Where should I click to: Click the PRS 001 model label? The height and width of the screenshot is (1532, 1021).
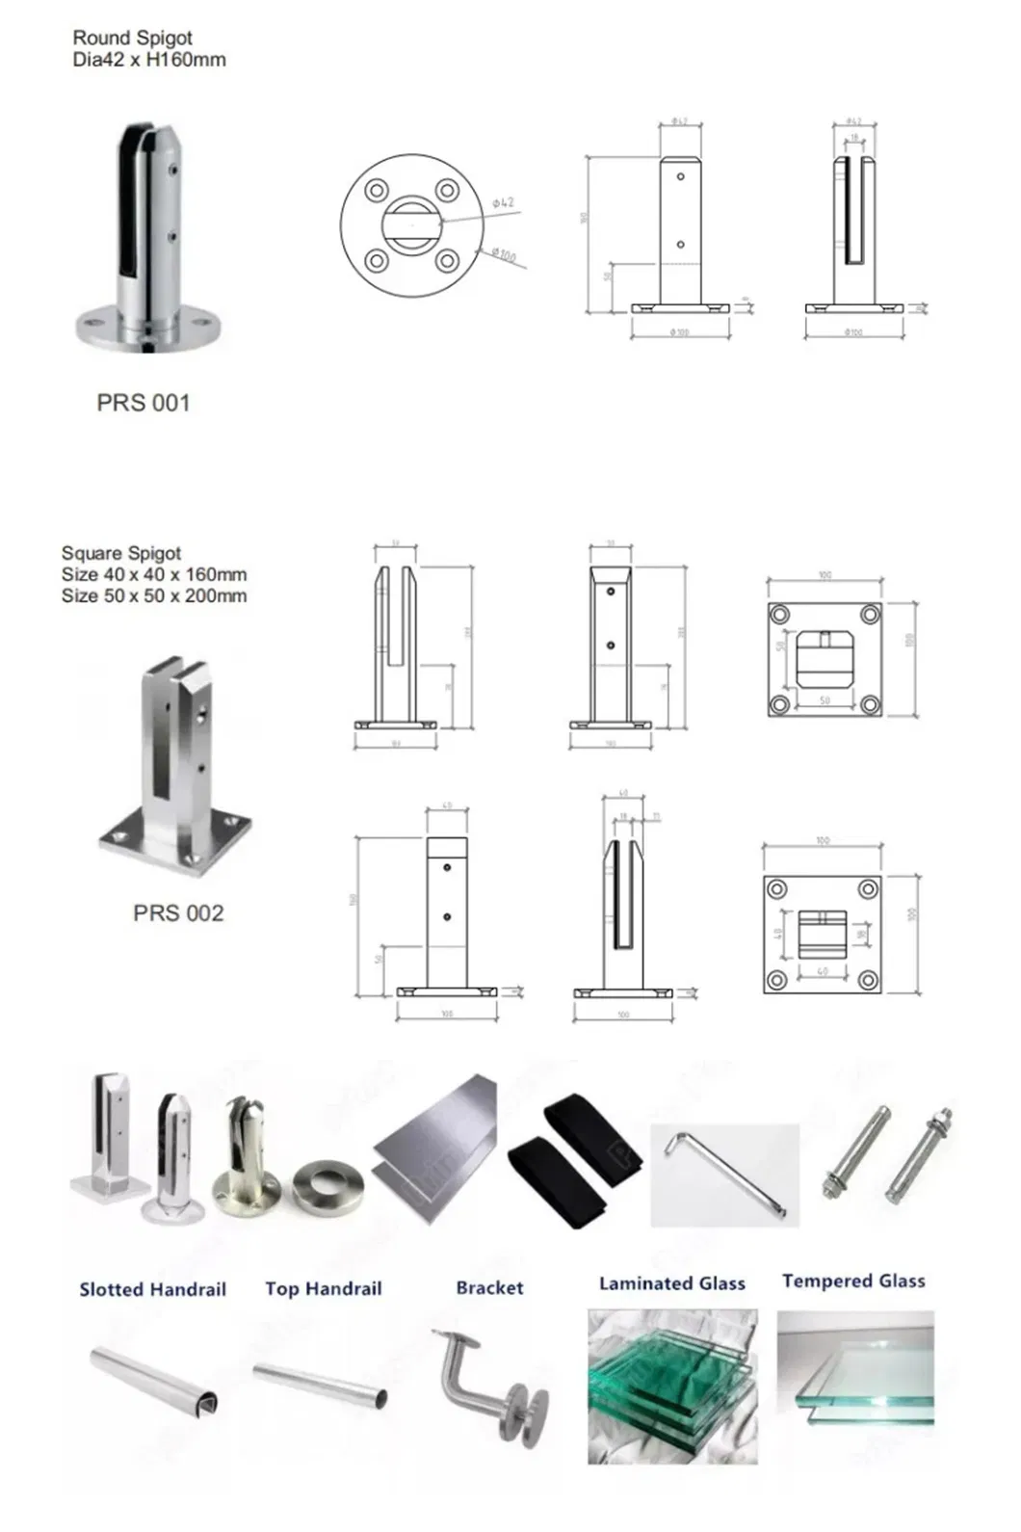[144, 403]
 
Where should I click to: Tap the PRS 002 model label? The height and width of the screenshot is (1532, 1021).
[178, 912]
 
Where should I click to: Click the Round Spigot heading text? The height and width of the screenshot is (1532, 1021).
[133, 38]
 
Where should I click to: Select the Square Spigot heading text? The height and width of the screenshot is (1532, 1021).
[121, 553]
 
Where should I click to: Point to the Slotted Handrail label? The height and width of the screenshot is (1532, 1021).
[153, 1289]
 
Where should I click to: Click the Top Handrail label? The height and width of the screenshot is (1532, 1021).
[324, 1288]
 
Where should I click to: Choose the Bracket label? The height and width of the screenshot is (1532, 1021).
[490, 1287]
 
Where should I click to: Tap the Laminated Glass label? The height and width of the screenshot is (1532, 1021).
[672, 1283]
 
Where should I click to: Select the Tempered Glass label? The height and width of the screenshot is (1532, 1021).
[853, 1281]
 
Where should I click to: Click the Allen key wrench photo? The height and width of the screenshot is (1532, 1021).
[724, 1175]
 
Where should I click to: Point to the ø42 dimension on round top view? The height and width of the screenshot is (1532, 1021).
[503, 203]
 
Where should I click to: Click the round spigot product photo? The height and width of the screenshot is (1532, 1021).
[149, 241]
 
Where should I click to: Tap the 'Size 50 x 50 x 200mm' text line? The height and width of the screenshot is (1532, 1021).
[154, 595]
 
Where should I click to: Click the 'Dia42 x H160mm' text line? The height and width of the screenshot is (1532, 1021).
[149, 60]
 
